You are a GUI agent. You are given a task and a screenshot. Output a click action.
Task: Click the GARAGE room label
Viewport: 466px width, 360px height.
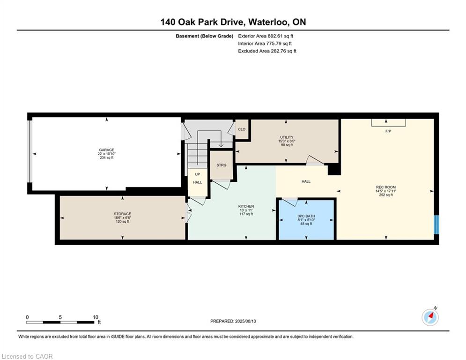pos(106,150)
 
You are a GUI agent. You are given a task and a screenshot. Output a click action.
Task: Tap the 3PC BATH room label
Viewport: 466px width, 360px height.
pos(306,216)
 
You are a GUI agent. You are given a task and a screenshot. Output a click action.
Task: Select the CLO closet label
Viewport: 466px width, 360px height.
pos(242,129)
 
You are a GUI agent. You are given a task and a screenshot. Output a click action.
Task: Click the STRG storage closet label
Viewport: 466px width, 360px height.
pos(222,165)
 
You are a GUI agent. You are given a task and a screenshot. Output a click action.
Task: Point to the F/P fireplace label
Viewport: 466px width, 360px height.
pos(388,131)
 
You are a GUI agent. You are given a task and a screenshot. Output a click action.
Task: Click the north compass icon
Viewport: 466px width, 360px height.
pos(430,317)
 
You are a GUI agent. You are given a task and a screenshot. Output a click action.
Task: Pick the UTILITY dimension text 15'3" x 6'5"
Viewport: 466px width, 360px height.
pos(287,141)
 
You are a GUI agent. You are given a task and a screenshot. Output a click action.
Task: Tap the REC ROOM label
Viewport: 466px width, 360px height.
pos(386,187)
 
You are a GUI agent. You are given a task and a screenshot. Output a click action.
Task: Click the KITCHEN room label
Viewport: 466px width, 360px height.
pos(246,206)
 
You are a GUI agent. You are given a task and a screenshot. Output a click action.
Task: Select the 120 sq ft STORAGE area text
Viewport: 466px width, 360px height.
pos(122,221)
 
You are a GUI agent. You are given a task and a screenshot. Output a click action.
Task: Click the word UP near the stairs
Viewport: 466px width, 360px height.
pos(197,174)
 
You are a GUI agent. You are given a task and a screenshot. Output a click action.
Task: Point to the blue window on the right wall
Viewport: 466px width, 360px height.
pos(436,225)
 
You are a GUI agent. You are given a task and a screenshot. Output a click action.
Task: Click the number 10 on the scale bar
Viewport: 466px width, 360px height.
pos(96,317)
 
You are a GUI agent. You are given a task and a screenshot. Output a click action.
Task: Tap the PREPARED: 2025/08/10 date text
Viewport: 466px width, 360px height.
pos(233,321)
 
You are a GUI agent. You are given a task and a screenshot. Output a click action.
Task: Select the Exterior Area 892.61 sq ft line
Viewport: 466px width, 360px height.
pos(266,36)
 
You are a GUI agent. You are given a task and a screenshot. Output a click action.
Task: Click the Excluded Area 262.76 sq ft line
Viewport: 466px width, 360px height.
pos(267,51)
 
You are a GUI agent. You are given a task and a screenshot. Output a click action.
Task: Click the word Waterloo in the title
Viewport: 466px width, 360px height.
pos(268,22)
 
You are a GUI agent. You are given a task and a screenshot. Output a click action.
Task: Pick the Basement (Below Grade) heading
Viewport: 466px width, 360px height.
pos(205,36)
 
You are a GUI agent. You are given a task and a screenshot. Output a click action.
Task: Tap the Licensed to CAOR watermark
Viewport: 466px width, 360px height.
pos(27,356)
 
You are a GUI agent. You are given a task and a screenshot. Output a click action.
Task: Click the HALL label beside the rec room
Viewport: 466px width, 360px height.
pos(306,181)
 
